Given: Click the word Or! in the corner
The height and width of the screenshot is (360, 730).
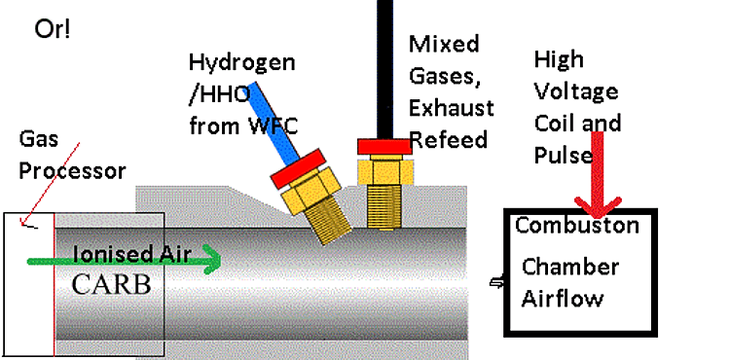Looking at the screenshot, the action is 53,30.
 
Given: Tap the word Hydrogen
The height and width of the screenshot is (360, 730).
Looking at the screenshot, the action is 241,63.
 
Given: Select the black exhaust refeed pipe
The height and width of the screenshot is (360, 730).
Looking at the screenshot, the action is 384,70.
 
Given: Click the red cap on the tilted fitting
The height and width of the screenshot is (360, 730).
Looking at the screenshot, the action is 298,168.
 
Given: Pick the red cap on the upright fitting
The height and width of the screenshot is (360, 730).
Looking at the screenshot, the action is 384,147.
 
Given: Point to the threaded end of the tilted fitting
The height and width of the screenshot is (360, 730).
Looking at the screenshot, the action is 329,222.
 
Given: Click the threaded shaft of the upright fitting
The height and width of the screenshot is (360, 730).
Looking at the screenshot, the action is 384,205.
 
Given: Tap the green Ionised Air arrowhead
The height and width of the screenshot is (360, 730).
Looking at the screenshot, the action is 213,262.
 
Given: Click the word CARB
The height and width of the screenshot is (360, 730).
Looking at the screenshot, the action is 112,285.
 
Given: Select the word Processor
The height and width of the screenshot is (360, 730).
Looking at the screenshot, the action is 72,171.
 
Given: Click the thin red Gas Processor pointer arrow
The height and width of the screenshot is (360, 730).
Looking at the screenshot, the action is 50,185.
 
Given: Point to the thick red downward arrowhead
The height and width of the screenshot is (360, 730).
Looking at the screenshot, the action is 598,208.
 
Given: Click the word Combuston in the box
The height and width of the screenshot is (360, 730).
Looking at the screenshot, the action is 577,226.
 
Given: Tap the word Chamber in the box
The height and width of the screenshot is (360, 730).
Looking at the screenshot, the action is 570,267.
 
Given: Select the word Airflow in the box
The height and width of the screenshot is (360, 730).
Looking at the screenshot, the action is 563,298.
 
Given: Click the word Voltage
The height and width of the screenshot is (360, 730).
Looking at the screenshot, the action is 576,92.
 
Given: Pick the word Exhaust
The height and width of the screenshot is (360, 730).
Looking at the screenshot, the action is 451,108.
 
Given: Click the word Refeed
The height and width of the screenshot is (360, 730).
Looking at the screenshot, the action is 449,139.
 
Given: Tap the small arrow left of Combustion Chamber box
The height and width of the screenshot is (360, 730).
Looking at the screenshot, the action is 496,282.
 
